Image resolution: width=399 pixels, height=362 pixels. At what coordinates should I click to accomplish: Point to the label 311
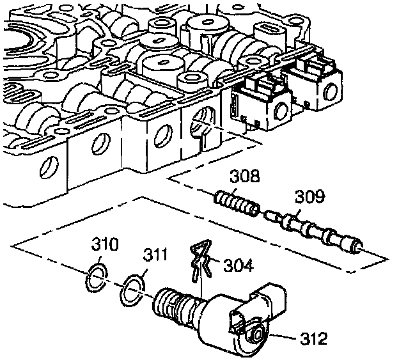coord(155,257)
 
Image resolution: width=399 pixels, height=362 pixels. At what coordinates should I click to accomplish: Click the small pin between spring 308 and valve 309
coord(271,215)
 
